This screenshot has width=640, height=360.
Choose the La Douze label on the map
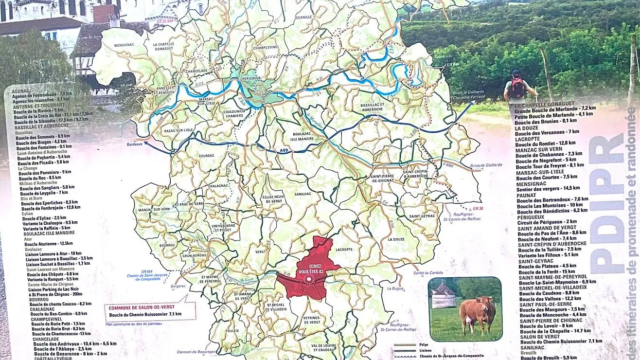pos(397,239)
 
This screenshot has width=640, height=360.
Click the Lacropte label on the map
pos(344,249)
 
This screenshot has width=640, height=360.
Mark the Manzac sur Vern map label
pos(153,209)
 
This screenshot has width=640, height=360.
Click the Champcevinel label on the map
pos(265,47)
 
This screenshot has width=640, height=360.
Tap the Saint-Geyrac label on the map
pos(422,216)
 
